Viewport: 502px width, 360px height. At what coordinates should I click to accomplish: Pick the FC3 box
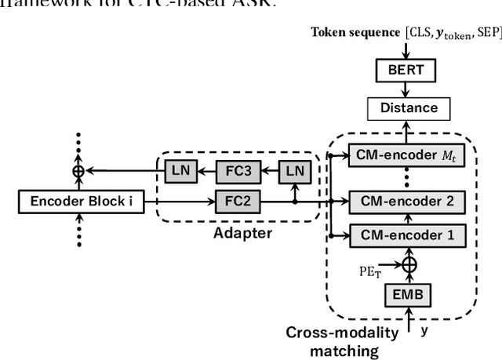(244, 169)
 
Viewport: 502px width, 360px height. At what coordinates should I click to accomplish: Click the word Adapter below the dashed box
(246, 233)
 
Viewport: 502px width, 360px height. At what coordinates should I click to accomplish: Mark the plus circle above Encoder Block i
(78, 169)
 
